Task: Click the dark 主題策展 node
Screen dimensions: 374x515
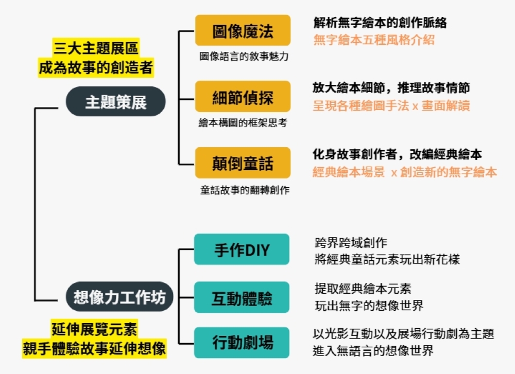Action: [115, 102]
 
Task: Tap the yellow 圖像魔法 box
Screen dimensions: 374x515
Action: [243, 30]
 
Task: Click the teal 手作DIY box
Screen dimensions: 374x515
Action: [242, 250]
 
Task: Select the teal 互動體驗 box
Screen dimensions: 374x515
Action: [242, 297]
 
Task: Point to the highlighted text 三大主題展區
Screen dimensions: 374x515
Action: [96, 49]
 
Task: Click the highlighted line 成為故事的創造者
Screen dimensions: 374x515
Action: [96, 67]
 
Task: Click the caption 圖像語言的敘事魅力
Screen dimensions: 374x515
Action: [244, 57]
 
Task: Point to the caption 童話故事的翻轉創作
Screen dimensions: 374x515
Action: [244, 190]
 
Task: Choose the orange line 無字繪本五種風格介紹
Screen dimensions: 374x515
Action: [374, 40]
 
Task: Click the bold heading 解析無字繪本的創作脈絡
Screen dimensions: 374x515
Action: [380, 23]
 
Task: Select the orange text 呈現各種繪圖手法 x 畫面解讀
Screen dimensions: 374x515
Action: [391, 105]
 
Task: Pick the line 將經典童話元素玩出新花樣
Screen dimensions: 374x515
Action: [387, 259]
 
